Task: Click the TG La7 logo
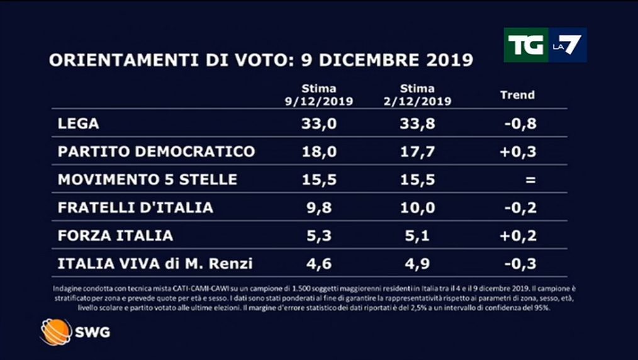click(x=545, y=45)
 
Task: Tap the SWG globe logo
click(x=55, y=332)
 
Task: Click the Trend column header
click(x=517, y=95)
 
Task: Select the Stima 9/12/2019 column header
click(x=318, y=95)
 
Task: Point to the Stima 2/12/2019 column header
click(x=417, y=95)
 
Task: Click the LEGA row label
click(x=78, y=123)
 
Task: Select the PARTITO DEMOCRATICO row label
click(x=156, y=151)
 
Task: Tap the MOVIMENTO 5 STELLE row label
click(x=147, y=179)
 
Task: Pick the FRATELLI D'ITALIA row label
click(x=135, y=207)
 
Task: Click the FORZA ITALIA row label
click(x=115, y=235)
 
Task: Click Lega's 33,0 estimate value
click(x=319, y=123)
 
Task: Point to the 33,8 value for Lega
click(x=417, y=123)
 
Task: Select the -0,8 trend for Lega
click(x=520, y=123)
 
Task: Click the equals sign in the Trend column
click(x=530, y=179)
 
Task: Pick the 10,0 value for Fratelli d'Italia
click(x=417, y=207)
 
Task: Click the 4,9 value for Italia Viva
click(x=417, y=263)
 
